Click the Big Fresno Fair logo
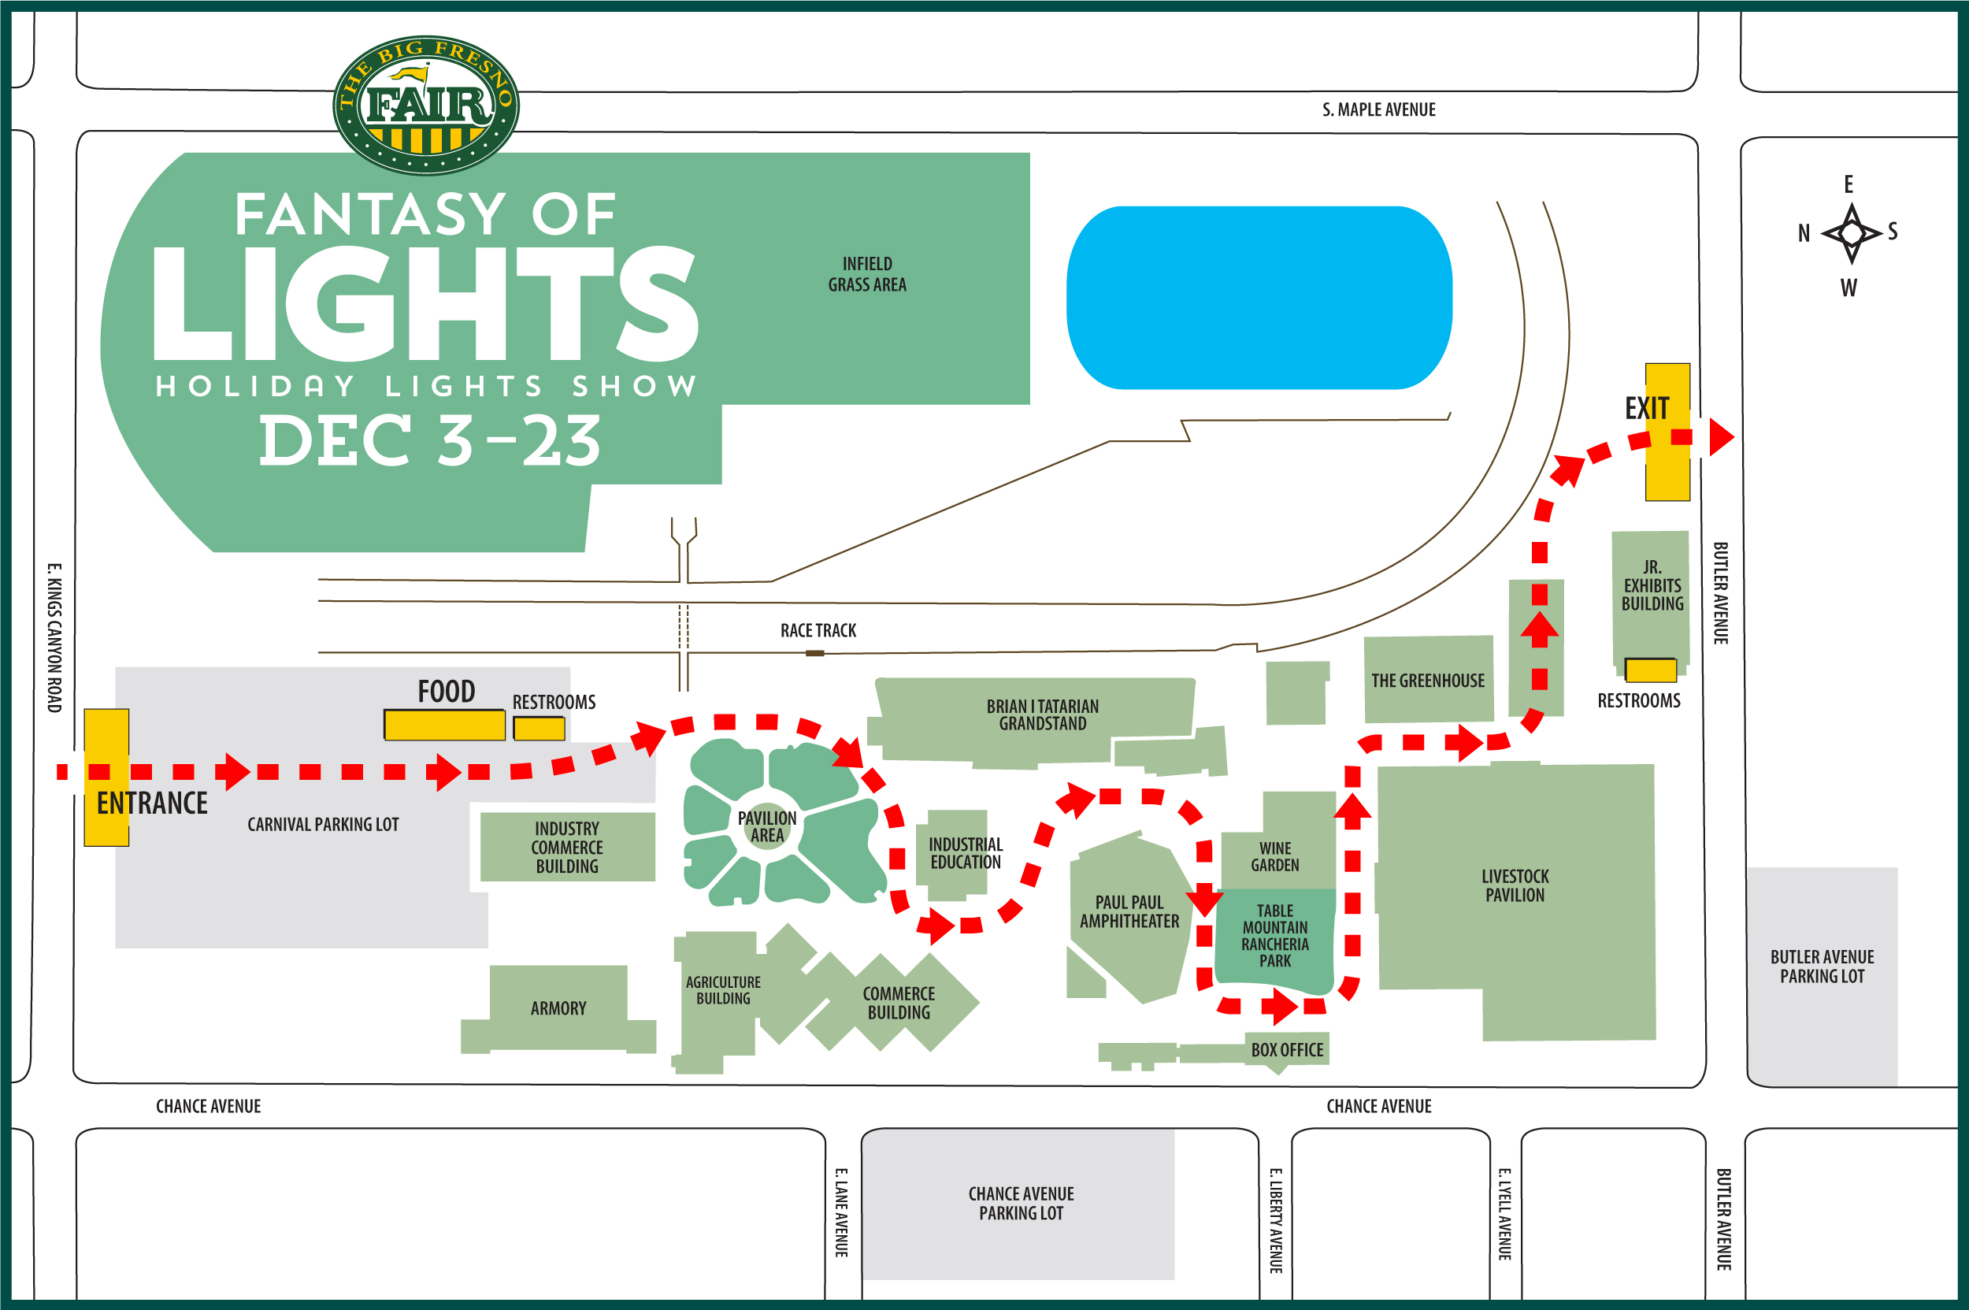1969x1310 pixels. tap(426, 106)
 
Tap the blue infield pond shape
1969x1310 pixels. tap(1259, 298)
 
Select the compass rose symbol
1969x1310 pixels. tap(1851, 233)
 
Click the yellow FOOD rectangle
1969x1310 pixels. tap(444, 725)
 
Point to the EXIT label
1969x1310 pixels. tap(1647, 409)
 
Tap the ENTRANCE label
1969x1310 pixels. tap(152, 803)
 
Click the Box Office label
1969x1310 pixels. tap(1286, 1050)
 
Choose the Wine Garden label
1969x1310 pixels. tap(1275, 856)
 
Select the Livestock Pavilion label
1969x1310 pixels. tap(1515, 885)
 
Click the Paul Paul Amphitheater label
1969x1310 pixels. tap(1129, 911)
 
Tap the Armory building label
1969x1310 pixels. tap(558, 1008)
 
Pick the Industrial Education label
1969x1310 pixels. tap(966, 853)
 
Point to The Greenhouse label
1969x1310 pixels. tap(1428, 681)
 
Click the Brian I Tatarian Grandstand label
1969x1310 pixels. tap(1043, 714)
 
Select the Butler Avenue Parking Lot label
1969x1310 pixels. tap(1822, 966)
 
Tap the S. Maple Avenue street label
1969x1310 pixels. tap(1378, 109)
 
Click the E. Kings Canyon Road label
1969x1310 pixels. tap(54, 637)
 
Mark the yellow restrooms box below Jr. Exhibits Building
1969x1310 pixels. tap(1650, 670)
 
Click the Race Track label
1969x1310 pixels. tap(818, 631)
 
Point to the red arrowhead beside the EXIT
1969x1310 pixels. tap(1721, 437)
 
